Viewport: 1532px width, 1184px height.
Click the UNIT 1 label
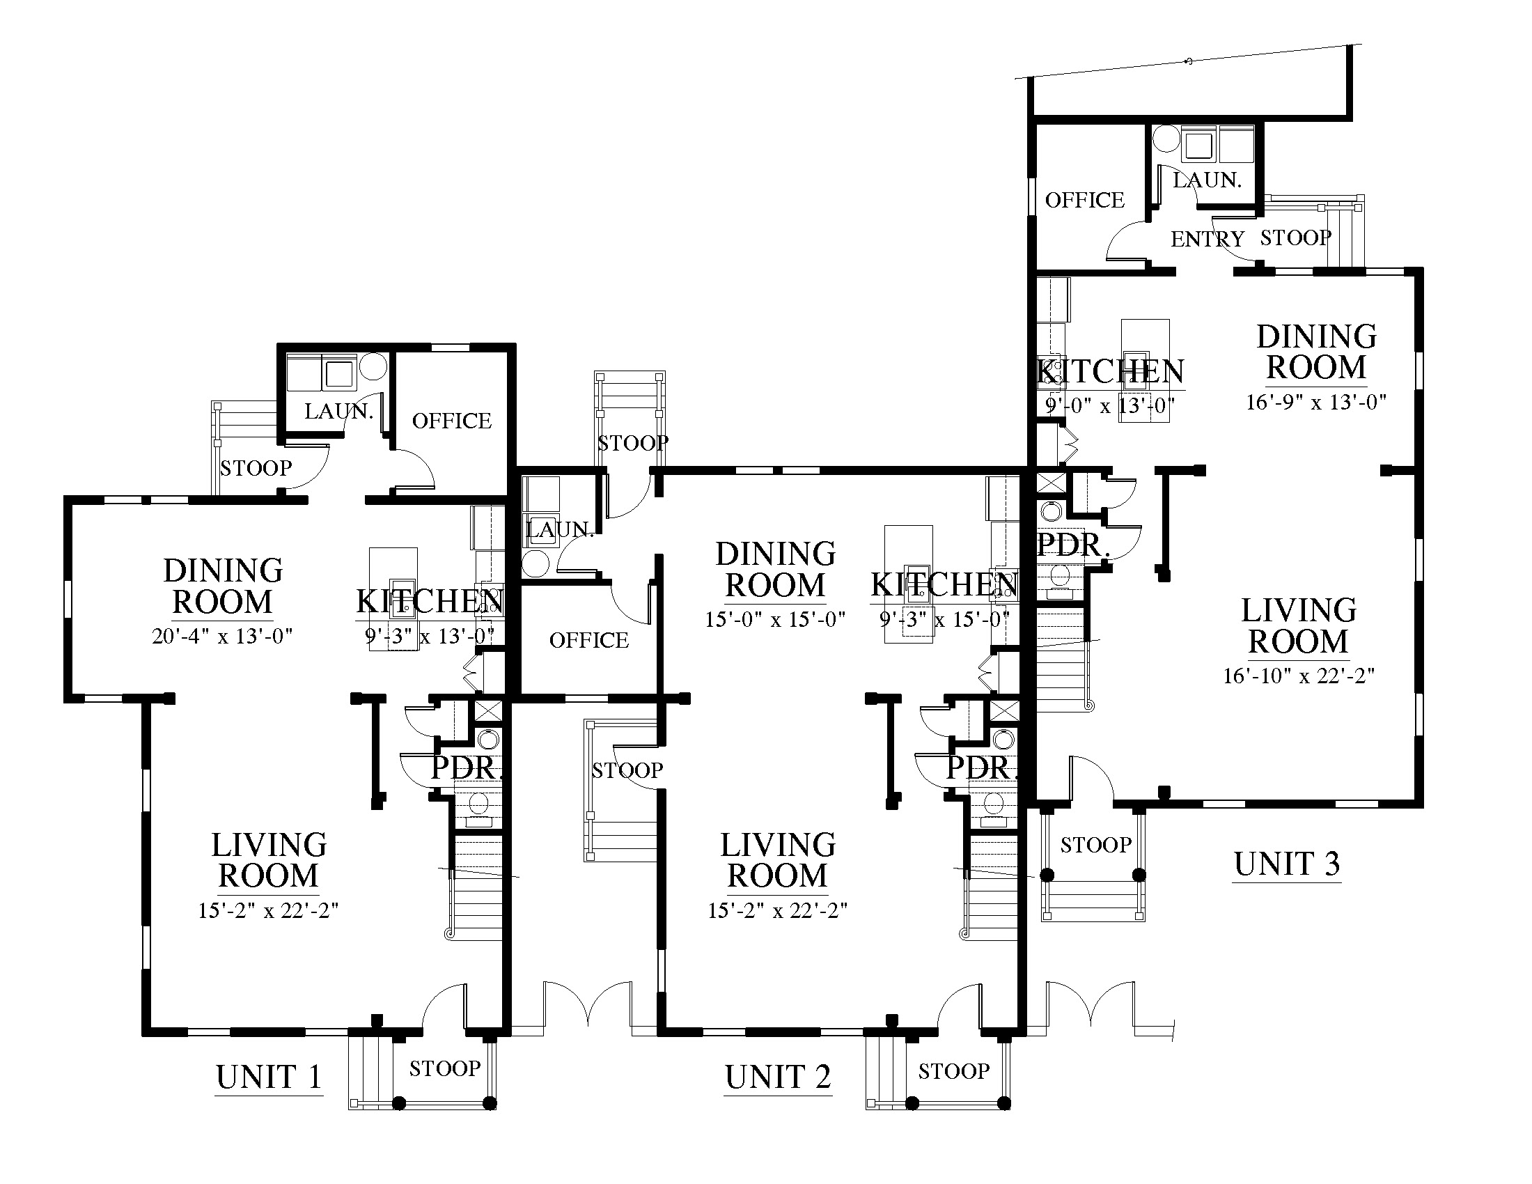point(269,1077)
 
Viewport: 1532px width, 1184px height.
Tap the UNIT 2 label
point(778,1077)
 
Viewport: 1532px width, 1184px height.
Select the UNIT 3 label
point(1287,864)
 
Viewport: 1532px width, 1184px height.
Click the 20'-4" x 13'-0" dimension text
point(222,636)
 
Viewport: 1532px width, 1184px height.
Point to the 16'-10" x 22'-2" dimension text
point(1299,676)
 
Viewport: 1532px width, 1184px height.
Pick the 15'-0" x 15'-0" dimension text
point(775,619)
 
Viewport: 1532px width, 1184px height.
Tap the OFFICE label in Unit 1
point(452,421)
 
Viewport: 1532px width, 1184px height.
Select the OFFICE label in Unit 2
point(589,640)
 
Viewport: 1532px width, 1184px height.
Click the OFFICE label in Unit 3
point(1085,201)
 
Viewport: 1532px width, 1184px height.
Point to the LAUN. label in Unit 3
point(1207,180)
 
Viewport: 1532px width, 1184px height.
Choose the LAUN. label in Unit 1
point(339,411)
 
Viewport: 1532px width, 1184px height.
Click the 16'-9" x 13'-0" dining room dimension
point(1317,402)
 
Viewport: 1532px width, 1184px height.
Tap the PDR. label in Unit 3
point(1073,545)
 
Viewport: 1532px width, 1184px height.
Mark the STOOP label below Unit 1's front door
point(445,1068)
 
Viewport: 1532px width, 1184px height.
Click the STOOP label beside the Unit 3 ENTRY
point(1296,237)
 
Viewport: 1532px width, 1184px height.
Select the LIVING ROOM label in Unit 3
point(1299,625)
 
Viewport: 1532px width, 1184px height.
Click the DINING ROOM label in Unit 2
point(776,570)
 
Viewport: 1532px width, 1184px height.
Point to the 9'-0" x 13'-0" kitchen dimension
point(1110,405)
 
